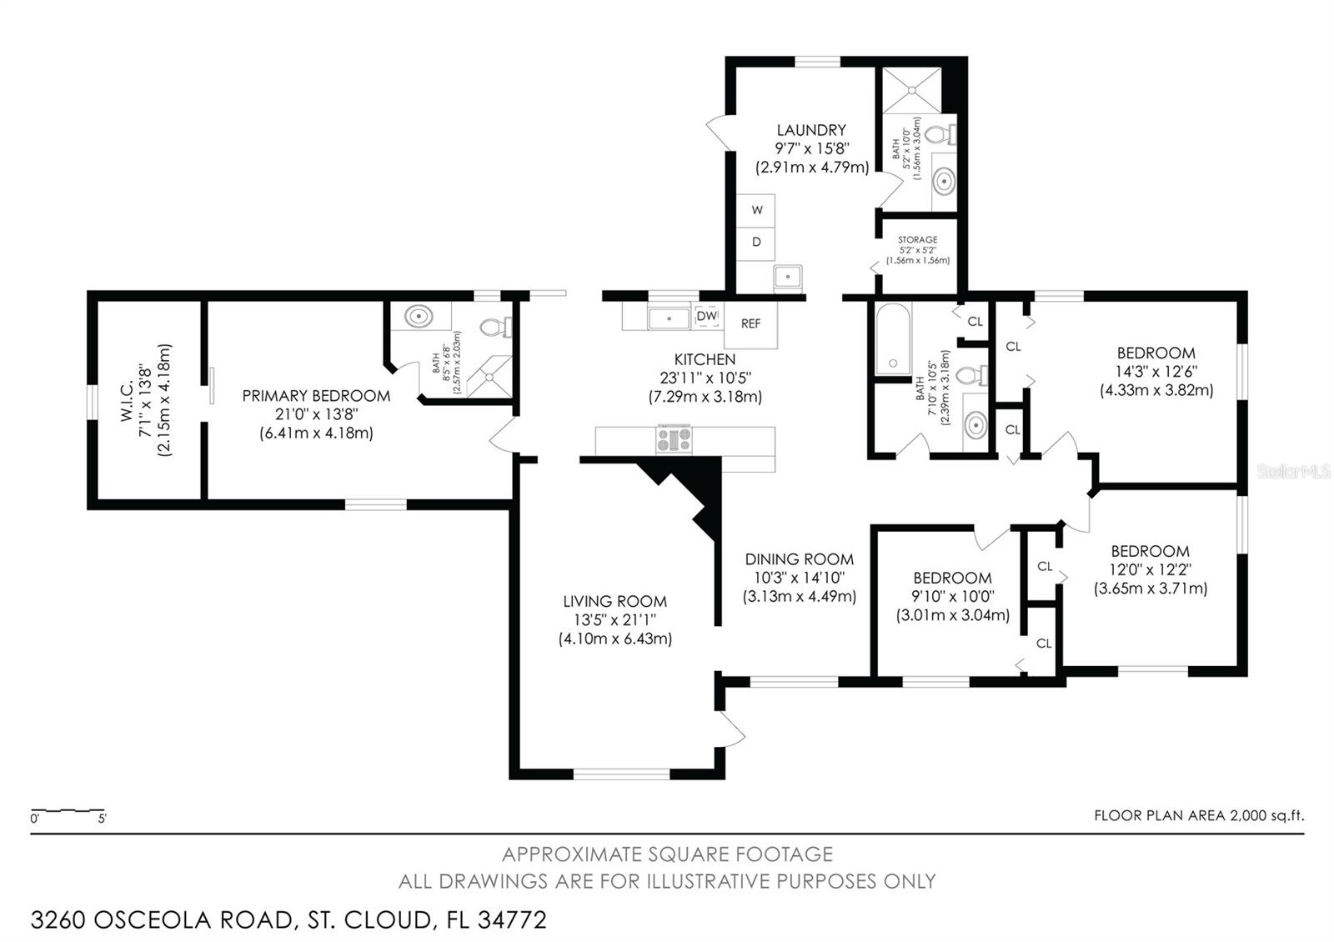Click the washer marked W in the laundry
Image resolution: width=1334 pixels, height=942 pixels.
[755, 210]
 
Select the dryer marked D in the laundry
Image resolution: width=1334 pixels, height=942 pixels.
[755, 243]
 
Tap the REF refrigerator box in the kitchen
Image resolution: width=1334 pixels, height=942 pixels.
[750, 324]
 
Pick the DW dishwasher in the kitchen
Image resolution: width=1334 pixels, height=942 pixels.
[707, 316]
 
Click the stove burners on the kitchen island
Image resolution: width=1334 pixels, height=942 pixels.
[675, 439]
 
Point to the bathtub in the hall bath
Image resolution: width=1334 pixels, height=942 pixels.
[893, 338]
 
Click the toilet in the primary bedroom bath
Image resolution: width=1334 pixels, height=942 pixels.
[495, 327]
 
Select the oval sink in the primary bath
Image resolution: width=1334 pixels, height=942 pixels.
[419, 316]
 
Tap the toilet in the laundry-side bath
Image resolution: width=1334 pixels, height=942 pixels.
[943, 134]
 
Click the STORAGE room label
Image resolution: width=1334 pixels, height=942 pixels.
[918, 239]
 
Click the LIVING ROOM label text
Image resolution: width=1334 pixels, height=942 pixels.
[614, 601]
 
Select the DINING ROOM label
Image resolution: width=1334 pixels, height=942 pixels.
[800, 559]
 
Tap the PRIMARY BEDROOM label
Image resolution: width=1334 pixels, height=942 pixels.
[316, 396]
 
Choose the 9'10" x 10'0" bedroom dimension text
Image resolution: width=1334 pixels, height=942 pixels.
[953, 596]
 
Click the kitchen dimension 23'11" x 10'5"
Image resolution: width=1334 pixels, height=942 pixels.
[705, 378]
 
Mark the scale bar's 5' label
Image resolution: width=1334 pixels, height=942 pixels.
[103, 819]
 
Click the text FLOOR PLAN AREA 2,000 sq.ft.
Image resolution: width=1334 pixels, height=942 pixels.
[1199, 816]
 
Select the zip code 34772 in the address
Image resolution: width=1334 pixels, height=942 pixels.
[512, 920]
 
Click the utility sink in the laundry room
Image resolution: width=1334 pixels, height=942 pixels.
[788, 278]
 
